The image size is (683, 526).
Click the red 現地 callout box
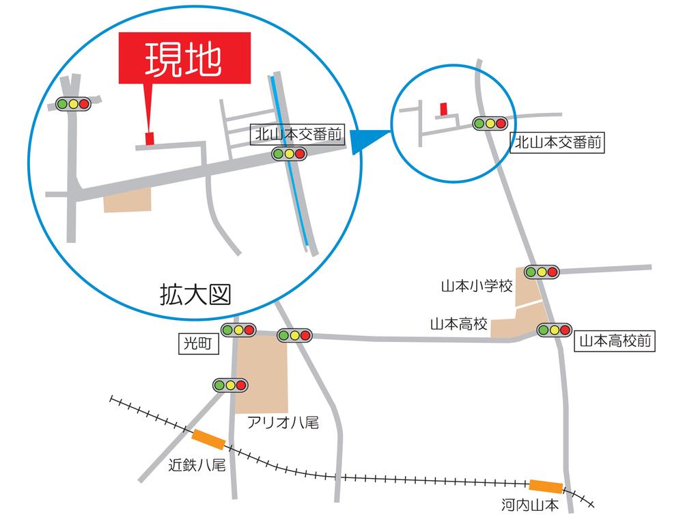184,60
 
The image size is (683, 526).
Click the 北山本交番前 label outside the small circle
559,142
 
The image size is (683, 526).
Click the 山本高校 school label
458,324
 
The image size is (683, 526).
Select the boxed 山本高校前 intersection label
615,341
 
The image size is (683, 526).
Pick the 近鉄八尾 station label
197,466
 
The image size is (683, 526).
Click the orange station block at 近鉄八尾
209,438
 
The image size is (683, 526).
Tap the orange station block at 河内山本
546,486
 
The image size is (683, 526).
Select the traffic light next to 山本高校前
554,330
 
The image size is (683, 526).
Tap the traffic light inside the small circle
490,124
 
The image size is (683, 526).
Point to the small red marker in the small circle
443,108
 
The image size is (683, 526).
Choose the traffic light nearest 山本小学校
542,272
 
